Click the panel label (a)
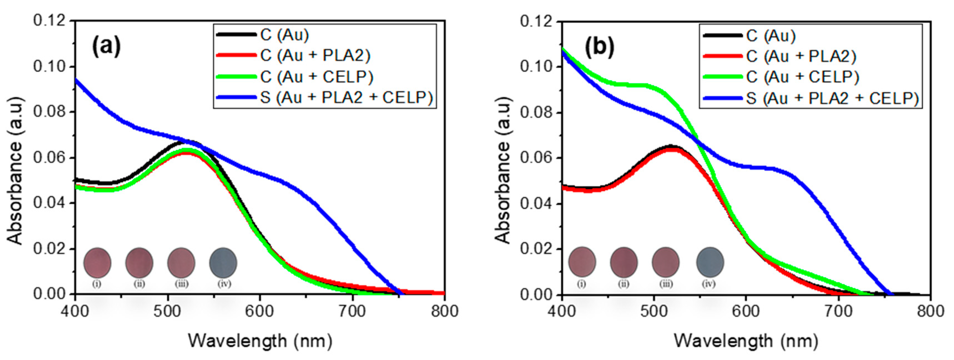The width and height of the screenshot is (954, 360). coord(106,46)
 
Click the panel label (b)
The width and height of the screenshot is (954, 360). coord(599,47)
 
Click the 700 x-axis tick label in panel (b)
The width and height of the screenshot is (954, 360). coord(839,311)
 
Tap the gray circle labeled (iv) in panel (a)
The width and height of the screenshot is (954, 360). coord(223,262)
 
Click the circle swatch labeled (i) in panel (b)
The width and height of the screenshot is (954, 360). coord(582,262)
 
